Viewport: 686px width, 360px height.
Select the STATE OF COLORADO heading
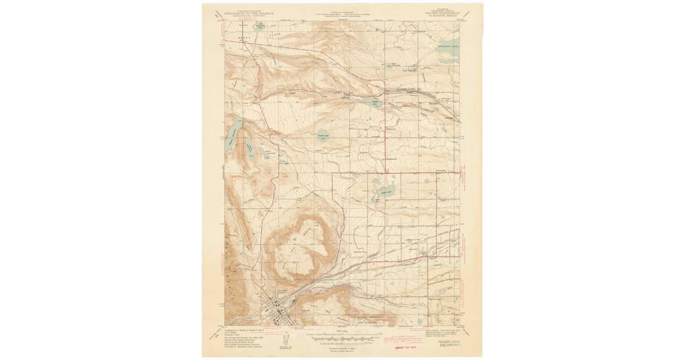pos(342,10)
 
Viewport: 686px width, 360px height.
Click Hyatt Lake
pos(384,190)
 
